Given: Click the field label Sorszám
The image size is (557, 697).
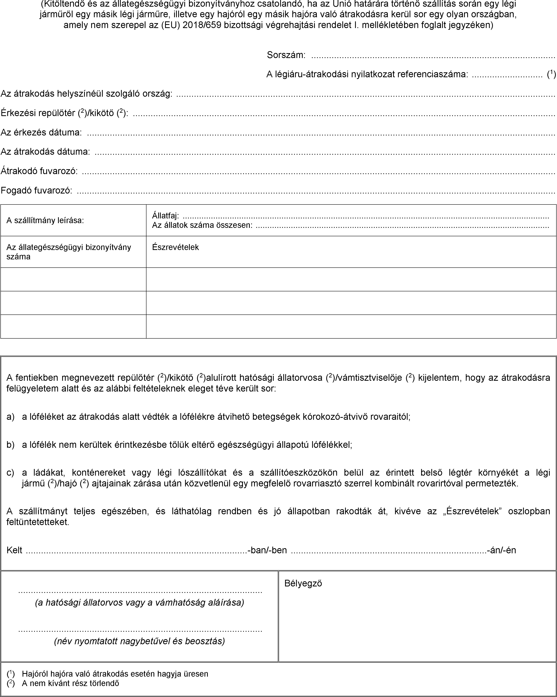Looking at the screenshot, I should pyautogui.click(x=286, y=55).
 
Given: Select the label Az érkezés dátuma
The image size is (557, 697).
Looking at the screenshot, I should pyautogui.click(x=41, y=132).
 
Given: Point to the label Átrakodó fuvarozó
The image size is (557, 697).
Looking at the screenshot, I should pyautogui.click(x=39, y=171).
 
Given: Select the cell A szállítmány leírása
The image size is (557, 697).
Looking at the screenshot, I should pyautogui.click(x=45, y=221).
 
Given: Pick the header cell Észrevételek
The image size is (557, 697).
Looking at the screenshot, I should pyautogui.click(x=175, y=247).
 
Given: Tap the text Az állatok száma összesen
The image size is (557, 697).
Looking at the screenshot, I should pyautogui.click(x=202, y=225).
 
